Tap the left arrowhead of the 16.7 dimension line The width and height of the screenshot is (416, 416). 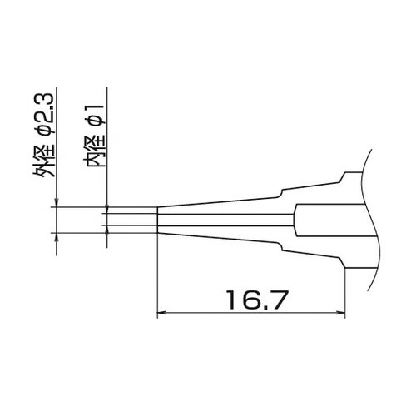coord(163,314)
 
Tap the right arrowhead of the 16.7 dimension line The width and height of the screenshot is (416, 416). coord(341,314)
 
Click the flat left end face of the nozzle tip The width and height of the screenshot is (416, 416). coord(157,220)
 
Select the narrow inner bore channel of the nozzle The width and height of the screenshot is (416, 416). coord(225,220)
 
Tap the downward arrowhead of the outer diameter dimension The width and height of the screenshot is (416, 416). coord(57,202)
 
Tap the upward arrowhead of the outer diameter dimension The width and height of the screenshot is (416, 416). coord(57,240)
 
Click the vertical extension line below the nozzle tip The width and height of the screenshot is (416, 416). coord(157,275)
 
